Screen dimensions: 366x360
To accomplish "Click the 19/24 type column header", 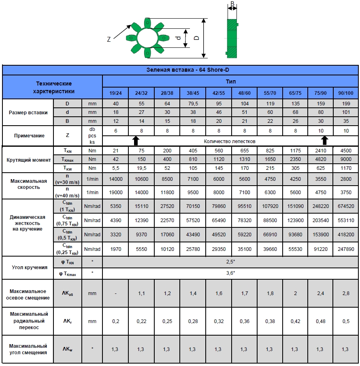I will point(115,93).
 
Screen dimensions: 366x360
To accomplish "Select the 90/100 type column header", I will point(345,93).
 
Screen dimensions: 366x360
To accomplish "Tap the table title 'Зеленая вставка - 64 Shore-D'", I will point(180,70).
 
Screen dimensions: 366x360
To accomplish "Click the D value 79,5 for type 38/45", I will point(193,104).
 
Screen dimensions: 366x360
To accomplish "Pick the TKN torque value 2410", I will point(320,151).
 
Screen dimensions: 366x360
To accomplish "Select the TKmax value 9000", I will point(345,159).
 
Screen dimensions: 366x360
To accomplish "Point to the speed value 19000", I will point(115,193).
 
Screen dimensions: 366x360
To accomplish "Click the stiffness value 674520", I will point(345,206).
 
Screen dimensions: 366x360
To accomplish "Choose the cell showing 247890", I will point(345,249).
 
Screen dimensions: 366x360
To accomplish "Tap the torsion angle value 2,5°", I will point(230,262).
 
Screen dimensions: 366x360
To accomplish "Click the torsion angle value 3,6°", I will point(230,273).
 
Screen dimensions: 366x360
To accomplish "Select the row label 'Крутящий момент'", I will point(28,159).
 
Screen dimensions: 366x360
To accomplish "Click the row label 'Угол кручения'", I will point(28,268).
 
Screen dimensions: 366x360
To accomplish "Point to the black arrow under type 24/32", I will point(136,141).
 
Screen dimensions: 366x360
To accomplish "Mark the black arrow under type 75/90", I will point(324,141).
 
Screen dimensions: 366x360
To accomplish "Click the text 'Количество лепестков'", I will point(230,141).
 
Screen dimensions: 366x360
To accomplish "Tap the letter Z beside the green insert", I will point(109,39).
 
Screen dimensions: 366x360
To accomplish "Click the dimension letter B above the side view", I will point(232,4).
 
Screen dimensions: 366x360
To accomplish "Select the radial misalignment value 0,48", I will point(320,321).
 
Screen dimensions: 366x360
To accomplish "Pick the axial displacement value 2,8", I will point(345,293).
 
